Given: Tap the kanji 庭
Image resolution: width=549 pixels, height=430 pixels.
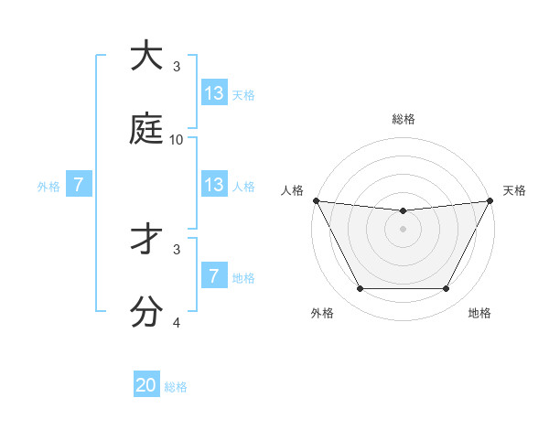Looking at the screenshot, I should (x=147, y=129).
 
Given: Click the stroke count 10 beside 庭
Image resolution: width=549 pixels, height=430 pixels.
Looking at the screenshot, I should (x=177, y=140).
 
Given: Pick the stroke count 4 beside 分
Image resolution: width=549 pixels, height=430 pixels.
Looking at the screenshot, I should (x=177, y=323).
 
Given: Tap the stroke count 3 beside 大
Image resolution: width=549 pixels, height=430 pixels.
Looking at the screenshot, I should (x=177, y=67).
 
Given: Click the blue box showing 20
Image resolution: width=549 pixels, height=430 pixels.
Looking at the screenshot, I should (x=146, y=385).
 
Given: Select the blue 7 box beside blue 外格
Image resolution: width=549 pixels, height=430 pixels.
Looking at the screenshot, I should (x=79, y=185).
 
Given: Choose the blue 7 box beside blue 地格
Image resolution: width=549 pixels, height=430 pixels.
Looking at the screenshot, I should (x=214, y=276).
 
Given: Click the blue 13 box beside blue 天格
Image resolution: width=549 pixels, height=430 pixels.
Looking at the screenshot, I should (x=214, y=93).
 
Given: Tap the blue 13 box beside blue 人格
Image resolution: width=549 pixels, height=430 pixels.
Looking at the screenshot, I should (x=214, y=185).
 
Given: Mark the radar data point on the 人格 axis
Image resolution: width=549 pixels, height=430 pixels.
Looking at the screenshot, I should (x=316, y=200).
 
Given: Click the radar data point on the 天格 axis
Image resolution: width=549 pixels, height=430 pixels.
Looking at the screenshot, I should (x=490, y=200).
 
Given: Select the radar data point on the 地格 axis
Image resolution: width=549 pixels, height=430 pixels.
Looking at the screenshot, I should (x=447, y=289).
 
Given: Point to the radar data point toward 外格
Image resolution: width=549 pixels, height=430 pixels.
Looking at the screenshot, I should (x=360, y=289).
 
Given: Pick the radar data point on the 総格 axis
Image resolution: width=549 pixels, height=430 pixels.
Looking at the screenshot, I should (x=403, y=211).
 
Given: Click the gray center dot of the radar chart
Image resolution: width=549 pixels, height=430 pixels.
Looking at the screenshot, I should (x=403, y=229).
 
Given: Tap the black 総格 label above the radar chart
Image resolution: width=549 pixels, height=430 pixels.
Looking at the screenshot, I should (x=403, y=119).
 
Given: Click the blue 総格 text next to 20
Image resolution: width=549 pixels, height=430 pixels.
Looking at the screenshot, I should (x=176, y=387).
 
